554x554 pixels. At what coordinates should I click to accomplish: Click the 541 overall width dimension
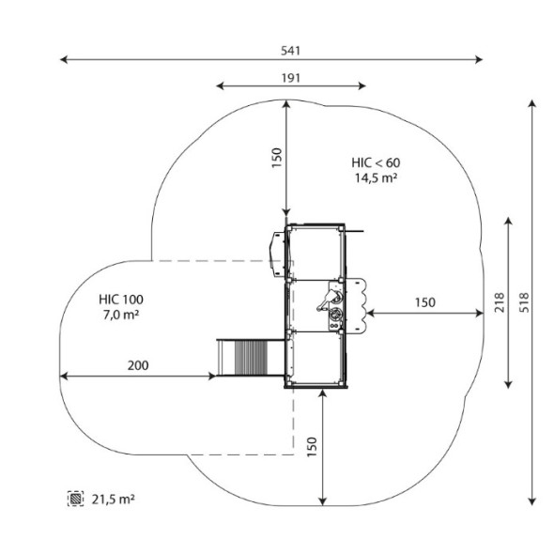click(x=290, y=51)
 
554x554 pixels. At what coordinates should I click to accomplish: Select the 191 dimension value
click(x=291, y=78)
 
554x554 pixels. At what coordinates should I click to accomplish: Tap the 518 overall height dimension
click(x=525, y=302)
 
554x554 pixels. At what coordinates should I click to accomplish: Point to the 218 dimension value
click(x=500, y=302)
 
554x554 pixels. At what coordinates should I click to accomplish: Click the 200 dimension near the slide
click(x=138, y=365)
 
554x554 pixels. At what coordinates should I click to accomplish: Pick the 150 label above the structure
click(x=277, y=158)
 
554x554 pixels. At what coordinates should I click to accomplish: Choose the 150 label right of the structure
click(x=425, y=302)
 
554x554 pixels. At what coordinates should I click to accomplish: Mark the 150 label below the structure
click(x=312, y=447)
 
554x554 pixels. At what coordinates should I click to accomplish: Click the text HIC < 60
click(x=376, y=162)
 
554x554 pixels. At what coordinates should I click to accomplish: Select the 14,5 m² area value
click(x=376, y=177)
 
